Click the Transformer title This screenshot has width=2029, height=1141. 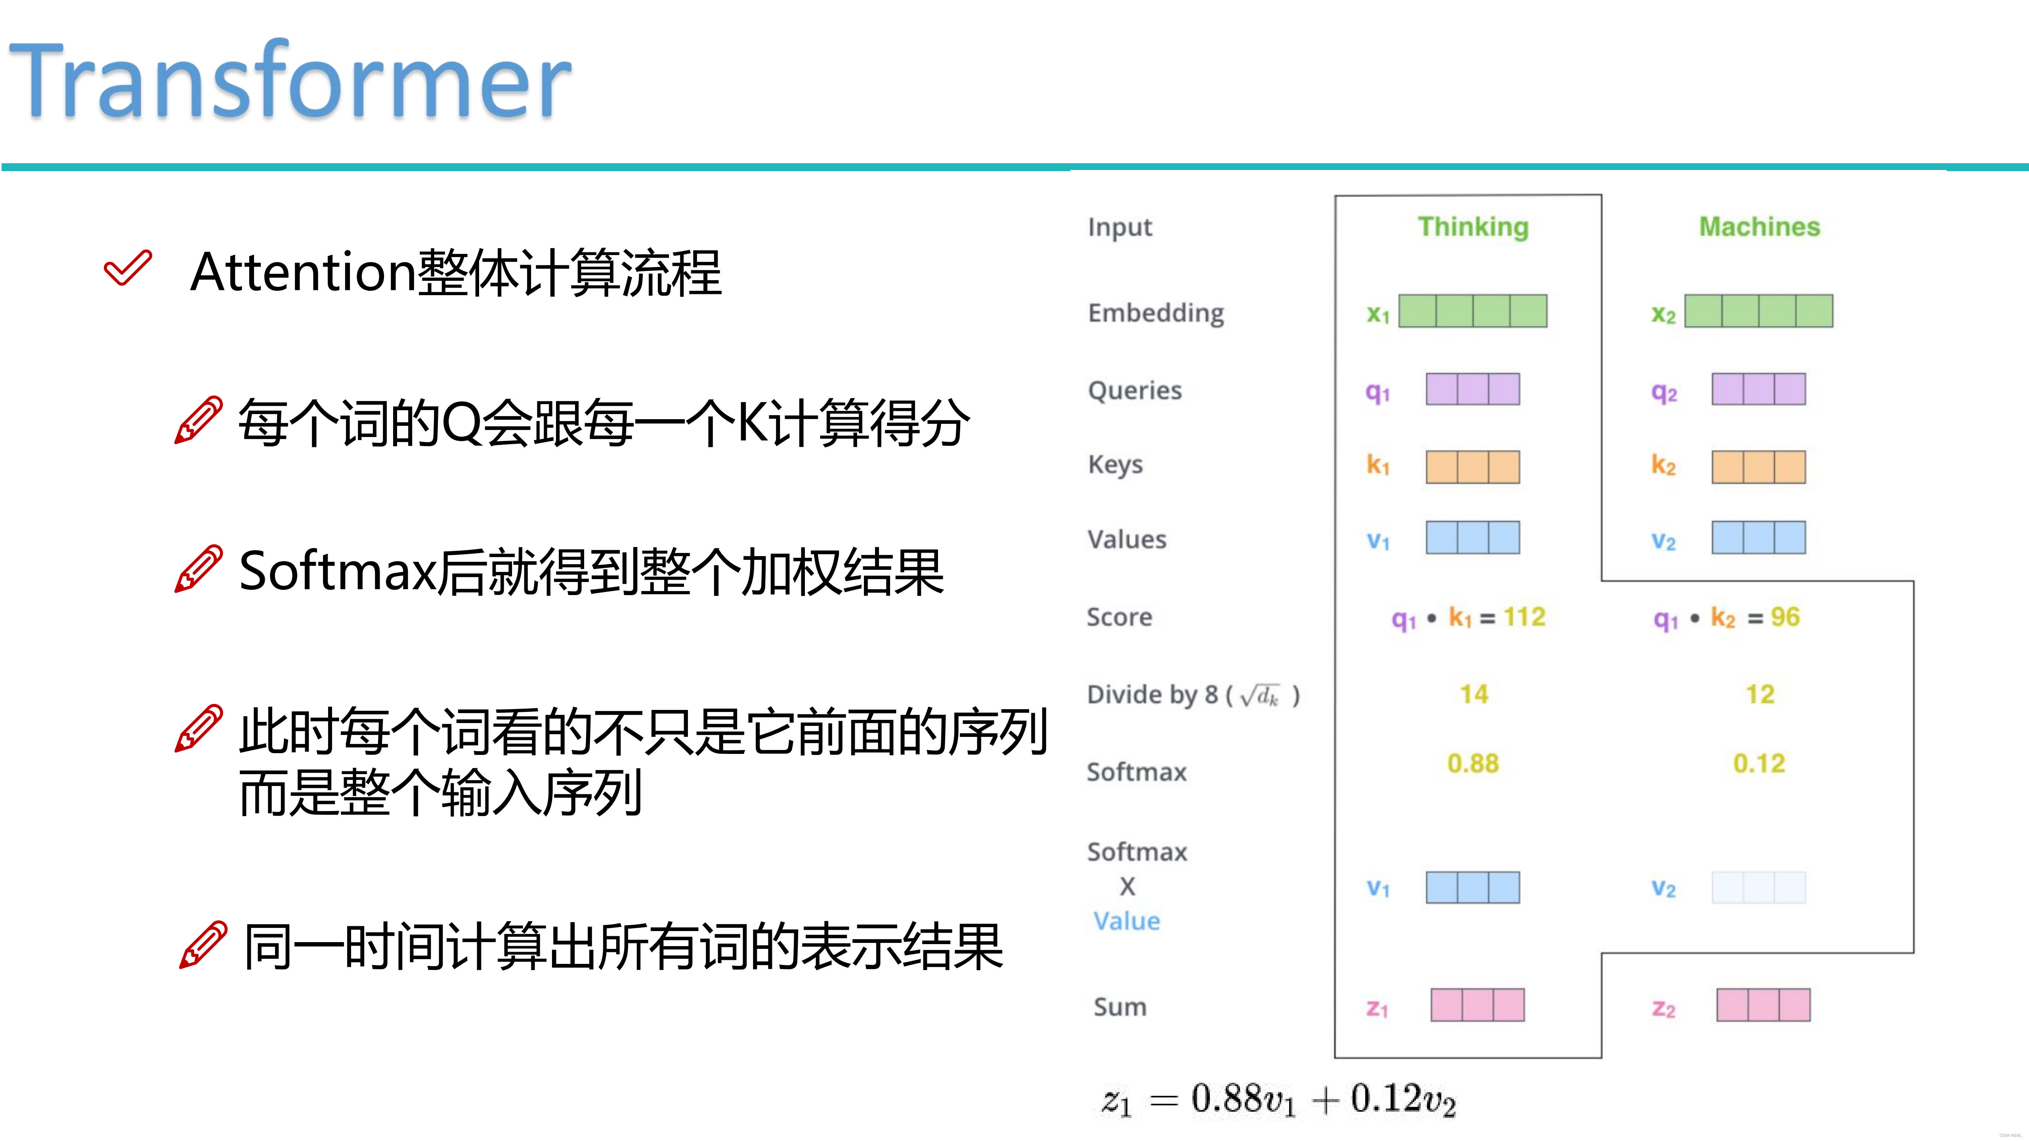click(290, 81)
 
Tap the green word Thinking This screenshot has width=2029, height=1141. click(1473, 227)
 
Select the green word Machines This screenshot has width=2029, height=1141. click(1759, 227)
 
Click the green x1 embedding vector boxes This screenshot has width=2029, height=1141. click(1472, 311)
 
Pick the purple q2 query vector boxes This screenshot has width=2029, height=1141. click(1758, 389)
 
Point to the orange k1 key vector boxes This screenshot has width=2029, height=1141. click(1472, 467)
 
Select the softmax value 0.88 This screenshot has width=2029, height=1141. click(1473, 763)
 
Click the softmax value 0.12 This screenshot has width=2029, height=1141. click(1759, 763)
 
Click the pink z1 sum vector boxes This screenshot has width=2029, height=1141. click(1477, 1005)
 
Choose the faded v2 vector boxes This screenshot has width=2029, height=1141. click(1758, 887)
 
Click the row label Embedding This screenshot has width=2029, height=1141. click(1156, 313)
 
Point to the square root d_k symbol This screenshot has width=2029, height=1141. click(1260, 695)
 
